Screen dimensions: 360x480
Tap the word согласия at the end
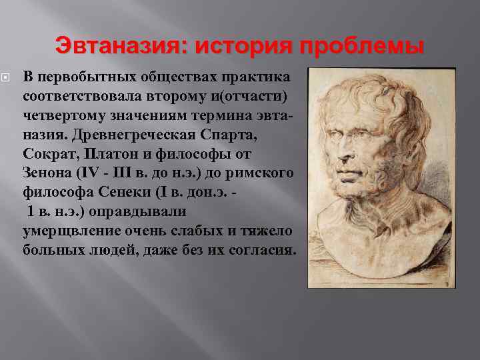coord(266,249)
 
